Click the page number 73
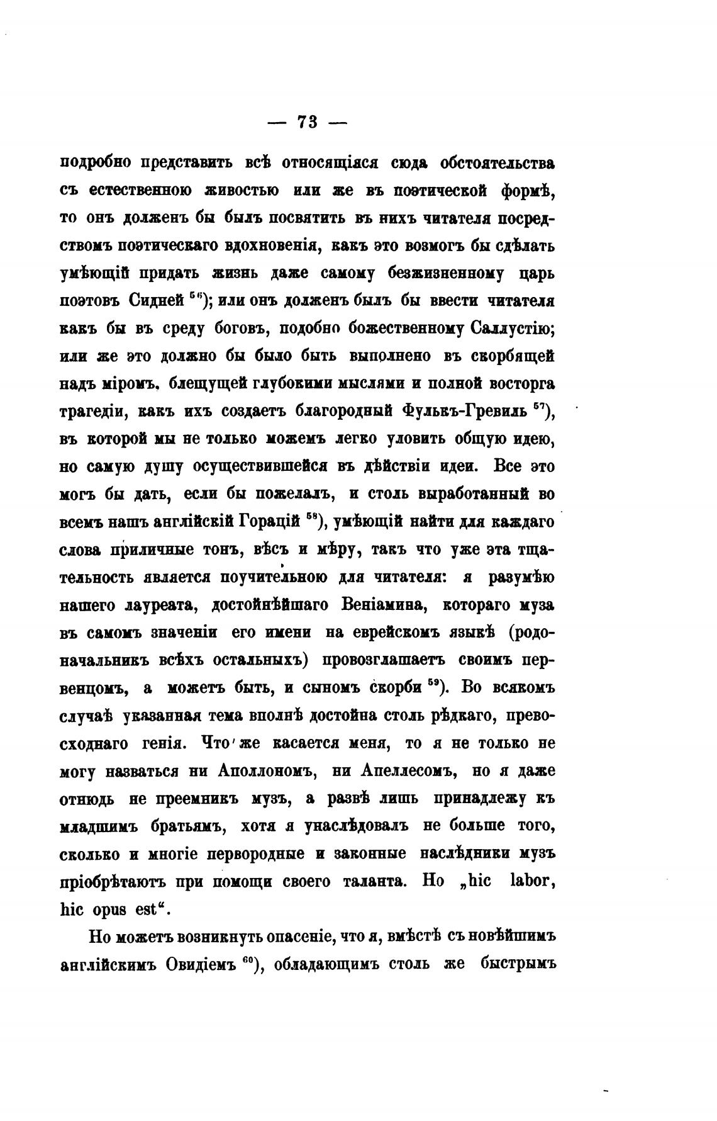[307, 122]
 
